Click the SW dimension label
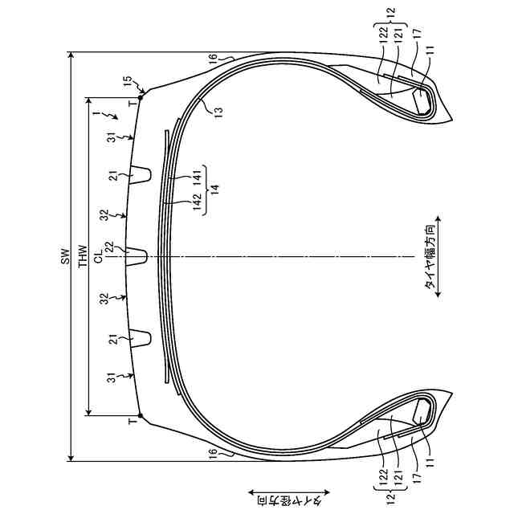pyautogui.click(x=66, y=256)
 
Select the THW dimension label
pyautogui.click(x=84, y=256)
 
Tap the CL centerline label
pyautogui.click(x=98, y=255)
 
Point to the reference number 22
pyautogui.click(x=109, y=247)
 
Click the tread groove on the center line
pyautogui.click(x=137, y=256)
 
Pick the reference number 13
pyautogui.click(x=218, y=110)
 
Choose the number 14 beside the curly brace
pyautogui.click(x=215, y=190)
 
